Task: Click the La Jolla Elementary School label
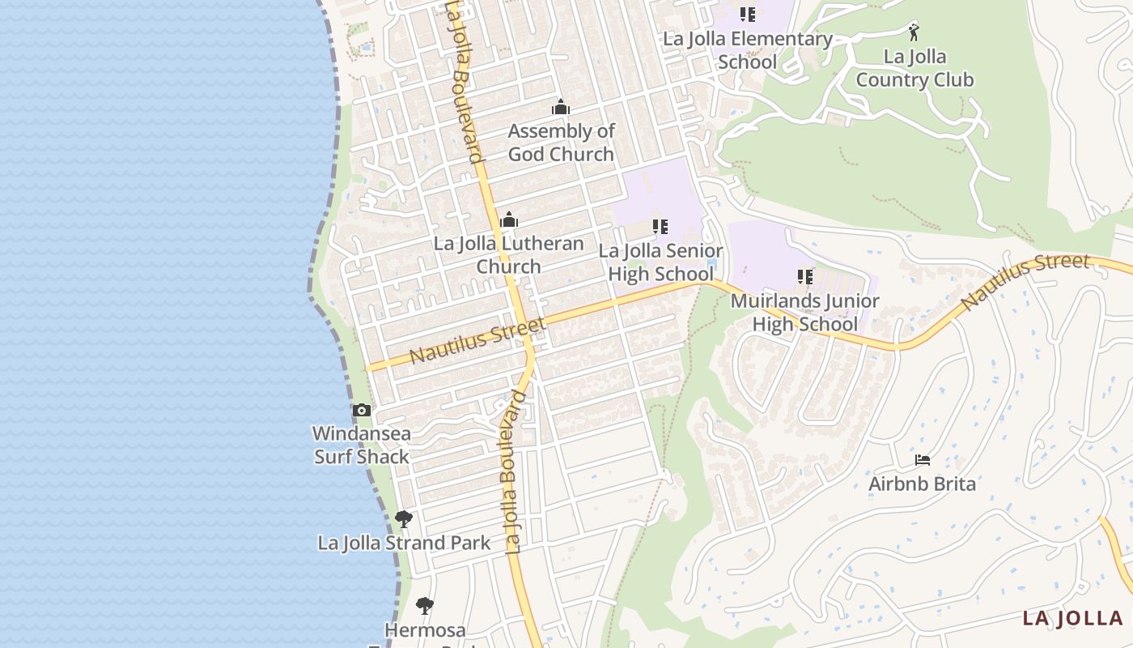[x=747, y=50]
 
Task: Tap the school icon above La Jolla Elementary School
[x=747, y=14]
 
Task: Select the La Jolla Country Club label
[x=914, y=68]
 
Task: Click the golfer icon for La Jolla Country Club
[x=914, y=32]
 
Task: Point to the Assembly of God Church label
[x=561, y=143]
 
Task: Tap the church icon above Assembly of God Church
[x=561, y=107]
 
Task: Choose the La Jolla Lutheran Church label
[x=508, y=255]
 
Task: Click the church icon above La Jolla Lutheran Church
[x=509, y=220]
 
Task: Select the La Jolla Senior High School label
[x=660, y=262]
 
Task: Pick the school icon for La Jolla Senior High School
[x=660, y=227]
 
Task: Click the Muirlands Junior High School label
[x=804, y=313]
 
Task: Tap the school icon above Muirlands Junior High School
[x=804, y=277]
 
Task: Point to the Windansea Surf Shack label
[x=362, y=445]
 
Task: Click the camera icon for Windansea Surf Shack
[x=362, y=411]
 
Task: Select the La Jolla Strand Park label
[x=404, y=543]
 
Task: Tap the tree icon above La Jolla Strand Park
[x=404, y=518]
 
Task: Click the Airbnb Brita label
[x=922, y=484]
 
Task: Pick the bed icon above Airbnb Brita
[x=922, y=460]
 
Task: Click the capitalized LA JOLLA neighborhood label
[x=1072, y=619]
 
